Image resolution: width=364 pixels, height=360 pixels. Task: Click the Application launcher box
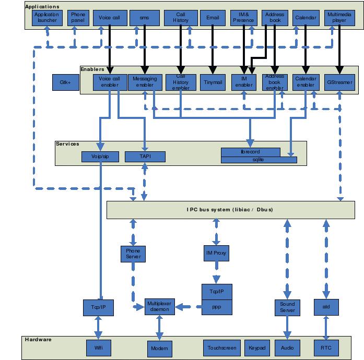pos(47,18)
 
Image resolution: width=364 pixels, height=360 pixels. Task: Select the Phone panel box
pos(78,18)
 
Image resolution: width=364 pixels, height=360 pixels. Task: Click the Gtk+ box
pos(65,82)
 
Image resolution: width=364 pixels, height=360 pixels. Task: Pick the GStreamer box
pos(339,82)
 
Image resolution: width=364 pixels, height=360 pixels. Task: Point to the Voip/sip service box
pos(100,157)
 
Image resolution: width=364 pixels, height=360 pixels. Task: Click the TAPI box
pos(145,157)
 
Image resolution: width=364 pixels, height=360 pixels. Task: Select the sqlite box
pos(259,160)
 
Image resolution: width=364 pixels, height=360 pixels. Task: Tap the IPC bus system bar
pos(230,210)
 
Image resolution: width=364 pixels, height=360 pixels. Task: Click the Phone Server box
pos(133,254)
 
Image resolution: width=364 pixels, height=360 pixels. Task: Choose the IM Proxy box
pos(216,254)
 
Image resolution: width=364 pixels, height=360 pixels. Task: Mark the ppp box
pos(216,307)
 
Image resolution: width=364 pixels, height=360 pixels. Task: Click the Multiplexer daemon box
pos(159,307)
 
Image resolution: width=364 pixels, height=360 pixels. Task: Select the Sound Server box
pos(287,307)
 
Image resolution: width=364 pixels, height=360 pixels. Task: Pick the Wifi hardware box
pos(99,348)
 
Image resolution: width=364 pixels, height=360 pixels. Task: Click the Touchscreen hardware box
pos(222,348)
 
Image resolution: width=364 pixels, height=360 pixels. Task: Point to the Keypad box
pos(256,348)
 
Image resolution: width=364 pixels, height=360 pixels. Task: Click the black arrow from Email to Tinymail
pos(213,50)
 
